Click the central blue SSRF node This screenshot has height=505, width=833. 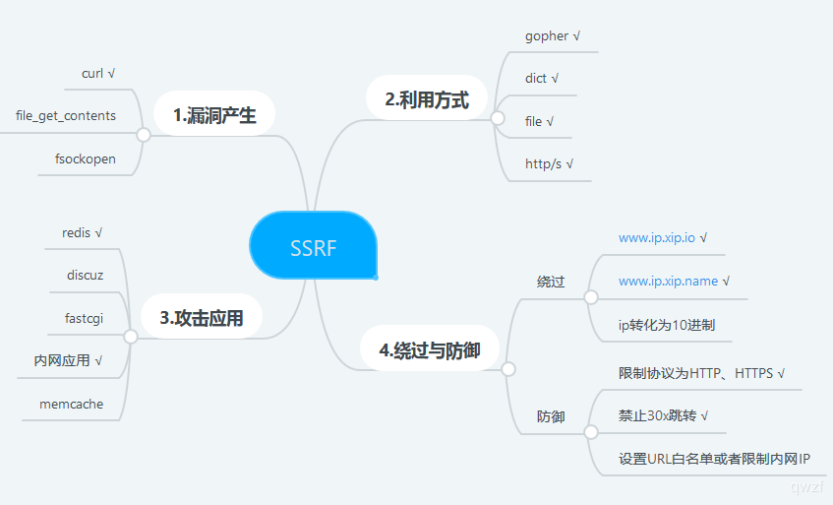tap(313, 247)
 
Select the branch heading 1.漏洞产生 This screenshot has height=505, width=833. tap(213, 115)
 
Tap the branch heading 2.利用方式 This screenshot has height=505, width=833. tap(427, 98)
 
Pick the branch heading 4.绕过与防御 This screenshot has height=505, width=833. tap(430, 349)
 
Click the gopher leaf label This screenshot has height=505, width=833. tap(547, 36)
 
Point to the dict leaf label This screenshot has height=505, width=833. tap(536, 79)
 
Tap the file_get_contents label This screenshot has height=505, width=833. tap(66, 115)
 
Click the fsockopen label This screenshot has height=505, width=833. tap(78, 158)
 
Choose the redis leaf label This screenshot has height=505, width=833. tap(76, 232)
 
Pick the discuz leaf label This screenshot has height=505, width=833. tap(85, 275)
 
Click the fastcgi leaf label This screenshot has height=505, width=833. tap(84, 318)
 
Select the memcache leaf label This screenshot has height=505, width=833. tap(71, 404)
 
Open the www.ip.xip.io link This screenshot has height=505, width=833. tap(657, 237)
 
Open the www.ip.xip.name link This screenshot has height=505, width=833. tap(668, 281)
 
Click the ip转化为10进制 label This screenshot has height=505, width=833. tap(674, 324)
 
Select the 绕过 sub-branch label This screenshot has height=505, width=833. tap(551, 282)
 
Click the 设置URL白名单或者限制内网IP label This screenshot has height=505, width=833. tap(714, 459)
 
